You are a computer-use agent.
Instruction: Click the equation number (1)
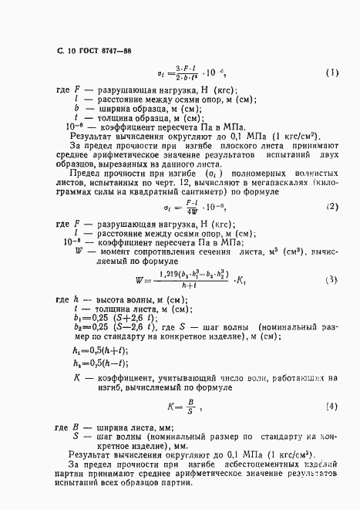pyautogui.click(x=331, y=74)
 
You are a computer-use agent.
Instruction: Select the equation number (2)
pyautogui.click(x=331, y=207)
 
